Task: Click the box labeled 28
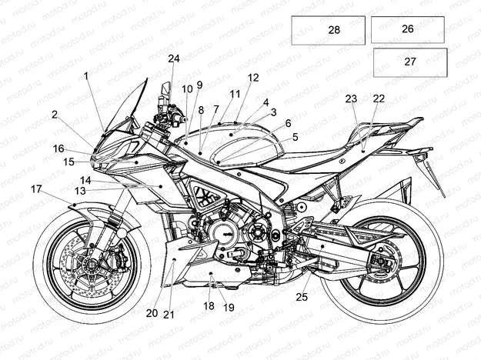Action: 328,30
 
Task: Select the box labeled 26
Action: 407,29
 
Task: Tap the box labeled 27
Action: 409,62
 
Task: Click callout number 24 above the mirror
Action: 174,58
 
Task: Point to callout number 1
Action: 86,75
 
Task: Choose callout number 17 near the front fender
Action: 36,188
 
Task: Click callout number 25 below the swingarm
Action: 302,296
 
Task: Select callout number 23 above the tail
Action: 351,98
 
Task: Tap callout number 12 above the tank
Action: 253,78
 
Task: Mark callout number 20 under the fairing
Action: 152,312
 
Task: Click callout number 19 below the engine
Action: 229,308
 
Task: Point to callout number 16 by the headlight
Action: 58,148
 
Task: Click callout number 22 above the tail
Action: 379,98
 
